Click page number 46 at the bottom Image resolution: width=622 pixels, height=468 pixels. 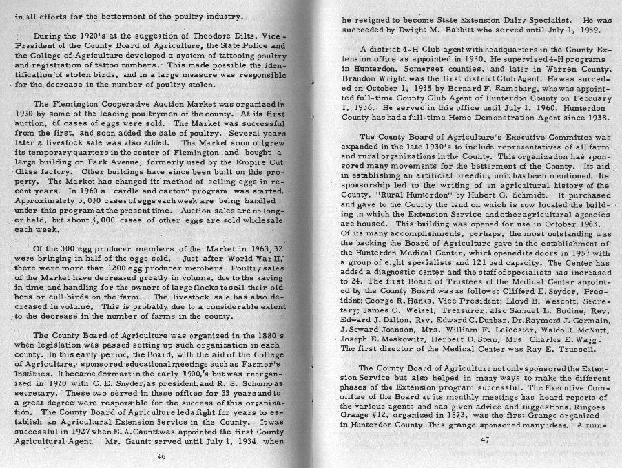click(160, 456)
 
